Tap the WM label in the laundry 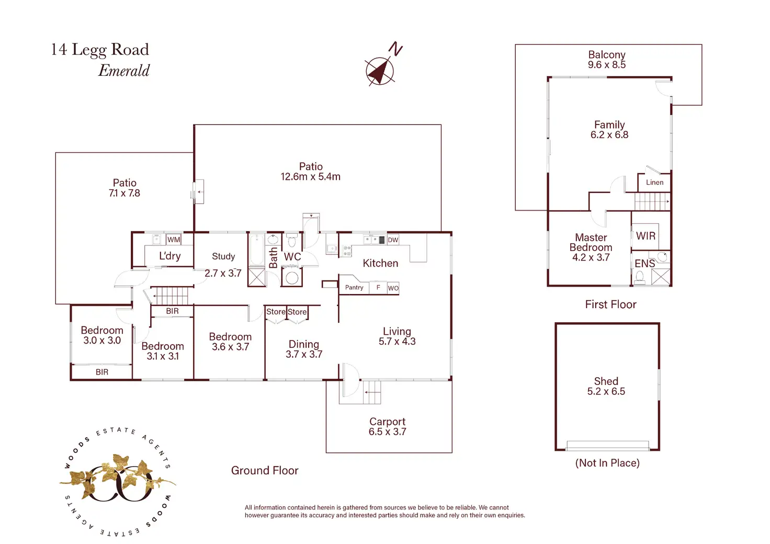[x=174, y=240]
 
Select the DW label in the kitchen [x=393, y=240]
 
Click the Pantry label [x=354, y=287]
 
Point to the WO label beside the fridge [x=393, y=288]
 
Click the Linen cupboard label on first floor [x=654, y=183]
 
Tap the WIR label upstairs [x=646, y=236]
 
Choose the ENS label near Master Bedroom [x=644, y=264]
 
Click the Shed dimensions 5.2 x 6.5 [x=606, y=391]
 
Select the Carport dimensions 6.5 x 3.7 [x=387, y=432]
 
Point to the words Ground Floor [x=265, y=470]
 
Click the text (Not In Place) [x=607, y=463]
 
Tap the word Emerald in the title [x=124, y=71]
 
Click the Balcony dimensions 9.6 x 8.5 [x=606, y=65]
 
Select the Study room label [x=223, y=256]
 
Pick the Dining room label [x=303, y=344]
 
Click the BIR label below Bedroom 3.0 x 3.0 [x=102, y=372]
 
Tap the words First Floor [x=610, y=304]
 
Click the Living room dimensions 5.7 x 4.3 [x=397, y=342]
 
